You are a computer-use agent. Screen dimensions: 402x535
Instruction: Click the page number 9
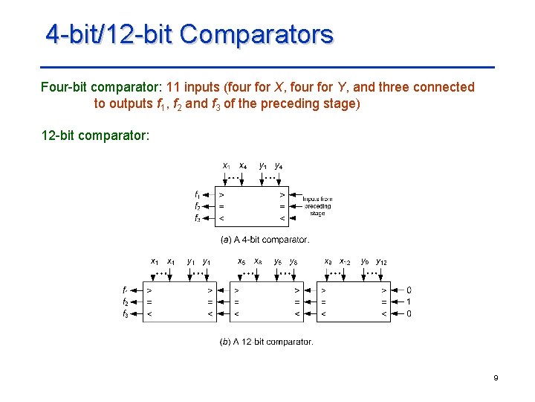click(496, 379)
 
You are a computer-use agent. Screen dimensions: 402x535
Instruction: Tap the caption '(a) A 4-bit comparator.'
click(265, 240)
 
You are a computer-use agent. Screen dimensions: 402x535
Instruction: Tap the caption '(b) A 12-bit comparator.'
click(266, 342)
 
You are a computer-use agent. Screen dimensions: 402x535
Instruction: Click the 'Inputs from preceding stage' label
click(317, 206)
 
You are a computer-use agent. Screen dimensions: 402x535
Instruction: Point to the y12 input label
click(381, 261)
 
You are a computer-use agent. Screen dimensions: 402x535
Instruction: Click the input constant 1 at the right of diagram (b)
click(409, 301)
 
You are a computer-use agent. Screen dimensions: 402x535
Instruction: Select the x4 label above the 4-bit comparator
click(243, 165)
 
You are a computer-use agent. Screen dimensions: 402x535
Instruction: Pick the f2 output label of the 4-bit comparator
click(197, 206)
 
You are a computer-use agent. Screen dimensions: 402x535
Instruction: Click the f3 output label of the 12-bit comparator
click(126, 313)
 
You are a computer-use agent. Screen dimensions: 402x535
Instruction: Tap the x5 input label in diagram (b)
click(241, 261)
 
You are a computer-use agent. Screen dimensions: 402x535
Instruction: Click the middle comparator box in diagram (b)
click(266, 301)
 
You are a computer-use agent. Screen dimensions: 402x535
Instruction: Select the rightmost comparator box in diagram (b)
click(352, 301)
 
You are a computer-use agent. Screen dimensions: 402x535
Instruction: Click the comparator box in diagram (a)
click(251, 205)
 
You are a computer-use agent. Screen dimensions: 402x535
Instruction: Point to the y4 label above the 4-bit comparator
click(278, 165)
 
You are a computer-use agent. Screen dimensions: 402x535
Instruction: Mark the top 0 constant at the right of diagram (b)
click(409, 290)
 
